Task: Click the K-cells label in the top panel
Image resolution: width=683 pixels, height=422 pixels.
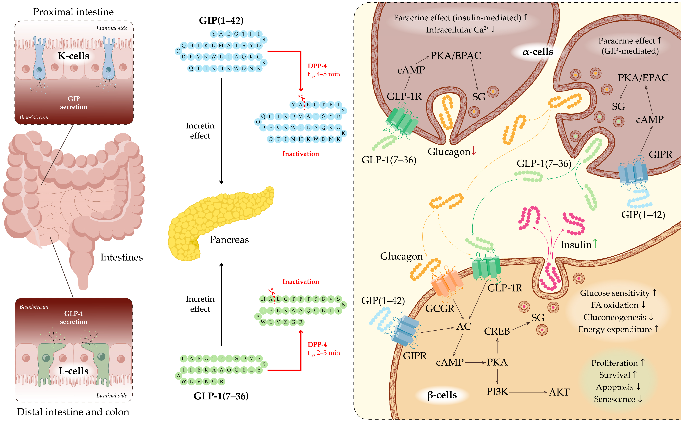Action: pyautogui.click(x=73, y=56)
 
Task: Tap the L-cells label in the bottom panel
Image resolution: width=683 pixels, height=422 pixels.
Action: pyautogui.click(x=73, y=371)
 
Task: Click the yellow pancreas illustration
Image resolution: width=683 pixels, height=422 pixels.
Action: pyautogui.click(x=218, y=221)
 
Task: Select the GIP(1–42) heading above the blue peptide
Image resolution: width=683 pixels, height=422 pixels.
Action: pyautogui.click(x=221, y=20)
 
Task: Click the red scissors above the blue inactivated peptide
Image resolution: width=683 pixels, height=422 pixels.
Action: pyautogui.click(x=301, y=98)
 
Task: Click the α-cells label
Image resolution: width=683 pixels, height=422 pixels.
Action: pyautogui.click(x=538, y=52)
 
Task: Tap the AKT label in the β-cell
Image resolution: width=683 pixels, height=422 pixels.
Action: pyautogui.click(x=559, y=392)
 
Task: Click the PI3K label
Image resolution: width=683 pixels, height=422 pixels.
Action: pyautogui.click(x=497, y=392)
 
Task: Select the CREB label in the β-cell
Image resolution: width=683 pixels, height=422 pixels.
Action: pyautogui.click(x=497, y=331)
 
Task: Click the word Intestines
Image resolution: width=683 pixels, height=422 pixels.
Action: pyautogui.click(x=121, y=257)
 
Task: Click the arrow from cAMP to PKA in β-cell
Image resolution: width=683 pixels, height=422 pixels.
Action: pyautogui.click(x=475, y=362)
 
